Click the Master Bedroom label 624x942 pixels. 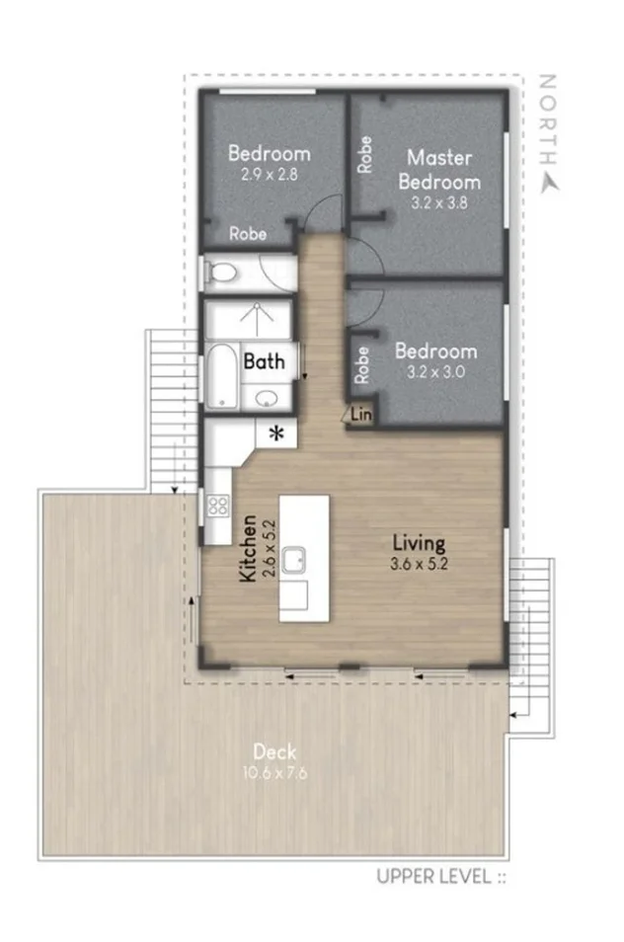pyautogui.click(x=440, y=169)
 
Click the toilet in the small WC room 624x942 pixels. pyautogui.click(x=222, y=272)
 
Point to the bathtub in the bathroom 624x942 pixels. pyautogui.click(x=223, y=375)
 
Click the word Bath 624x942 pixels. pyautogui.click(x=264, y=361)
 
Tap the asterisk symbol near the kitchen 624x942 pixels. pyautogui.click(x=277, y=432)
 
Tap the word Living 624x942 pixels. pyautogui.click(x=419, y=542)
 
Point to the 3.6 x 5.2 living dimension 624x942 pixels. pyautogui.click(x=419, y=564)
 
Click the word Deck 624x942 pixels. pyautogui.click(x=271, y=751)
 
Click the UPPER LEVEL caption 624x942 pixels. pyautogui.click(x=440, y=875)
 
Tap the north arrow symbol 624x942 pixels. pyautogui.click(x=549, y=181)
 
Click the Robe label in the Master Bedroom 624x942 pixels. pyautogui.click(x=364, y=155)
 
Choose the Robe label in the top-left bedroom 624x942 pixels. pyautogui.click(x=247, y=234)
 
